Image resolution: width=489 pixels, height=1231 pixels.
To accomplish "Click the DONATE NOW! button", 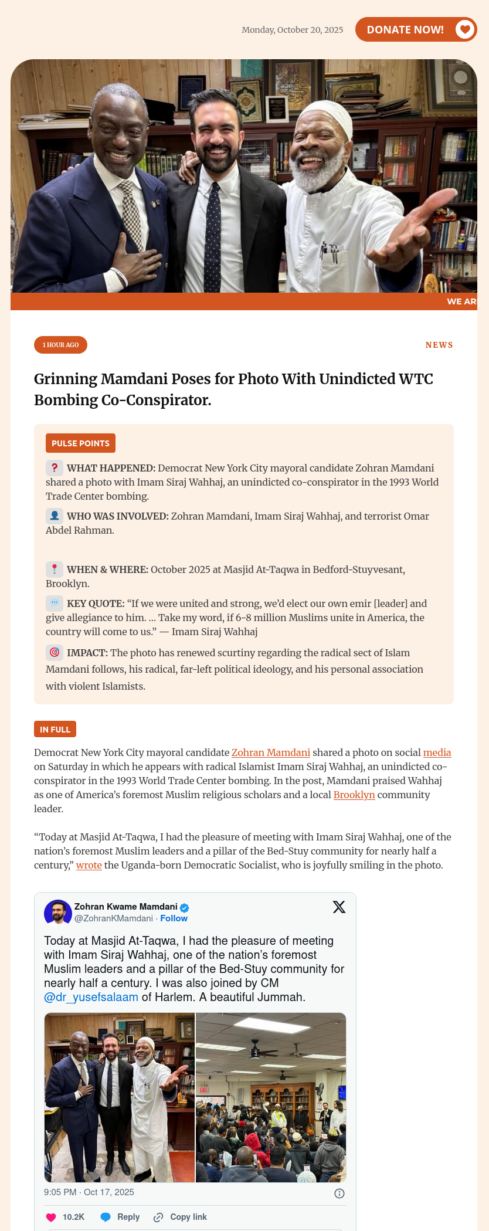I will coord(416,29).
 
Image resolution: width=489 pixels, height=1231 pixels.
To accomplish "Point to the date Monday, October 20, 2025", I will coord(292,30).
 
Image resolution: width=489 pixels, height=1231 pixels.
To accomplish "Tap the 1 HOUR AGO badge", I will coord(60,345).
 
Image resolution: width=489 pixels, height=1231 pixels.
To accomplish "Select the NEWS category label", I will coord(439,345).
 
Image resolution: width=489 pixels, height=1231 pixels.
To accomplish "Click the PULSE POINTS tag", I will coord(80,443).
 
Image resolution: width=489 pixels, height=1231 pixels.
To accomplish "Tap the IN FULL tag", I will coord(55,729).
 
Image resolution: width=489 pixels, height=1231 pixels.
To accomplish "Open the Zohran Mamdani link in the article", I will coord(270,752).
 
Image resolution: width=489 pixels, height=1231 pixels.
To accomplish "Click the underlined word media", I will coord(437,752).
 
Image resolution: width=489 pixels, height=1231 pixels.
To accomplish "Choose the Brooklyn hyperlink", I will coord(354,795).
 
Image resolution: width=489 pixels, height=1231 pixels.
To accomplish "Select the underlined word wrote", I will coord(89,865).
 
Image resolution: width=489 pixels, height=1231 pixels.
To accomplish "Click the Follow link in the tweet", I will coord(174,918).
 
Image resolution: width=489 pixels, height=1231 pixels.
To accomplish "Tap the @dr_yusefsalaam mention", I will coord(91,997).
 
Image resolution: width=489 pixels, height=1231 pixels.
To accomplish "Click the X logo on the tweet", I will coord(339,907).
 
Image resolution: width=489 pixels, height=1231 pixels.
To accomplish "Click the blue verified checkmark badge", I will coord(184,907).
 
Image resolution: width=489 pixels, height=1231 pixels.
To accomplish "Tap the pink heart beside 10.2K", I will coord(51,1217).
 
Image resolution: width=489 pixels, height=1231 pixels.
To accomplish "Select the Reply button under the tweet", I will coord(120,1217).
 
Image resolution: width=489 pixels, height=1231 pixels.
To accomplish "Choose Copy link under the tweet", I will coord(180,1217).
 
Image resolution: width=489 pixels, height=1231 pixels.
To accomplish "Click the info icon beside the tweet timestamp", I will coord(339,1193).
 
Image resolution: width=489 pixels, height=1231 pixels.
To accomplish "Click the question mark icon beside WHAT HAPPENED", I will coord(55,468).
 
